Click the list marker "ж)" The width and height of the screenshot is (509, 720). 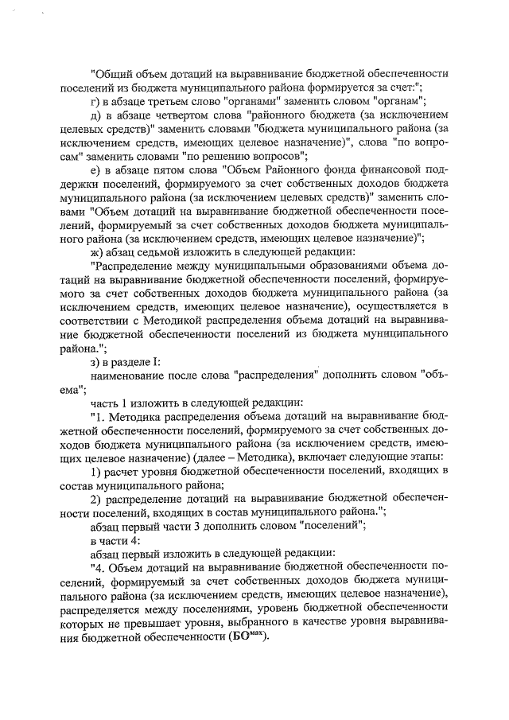click(98, 252)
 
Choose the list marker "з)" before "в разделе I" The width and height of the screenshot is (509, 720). click(96, 362)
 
